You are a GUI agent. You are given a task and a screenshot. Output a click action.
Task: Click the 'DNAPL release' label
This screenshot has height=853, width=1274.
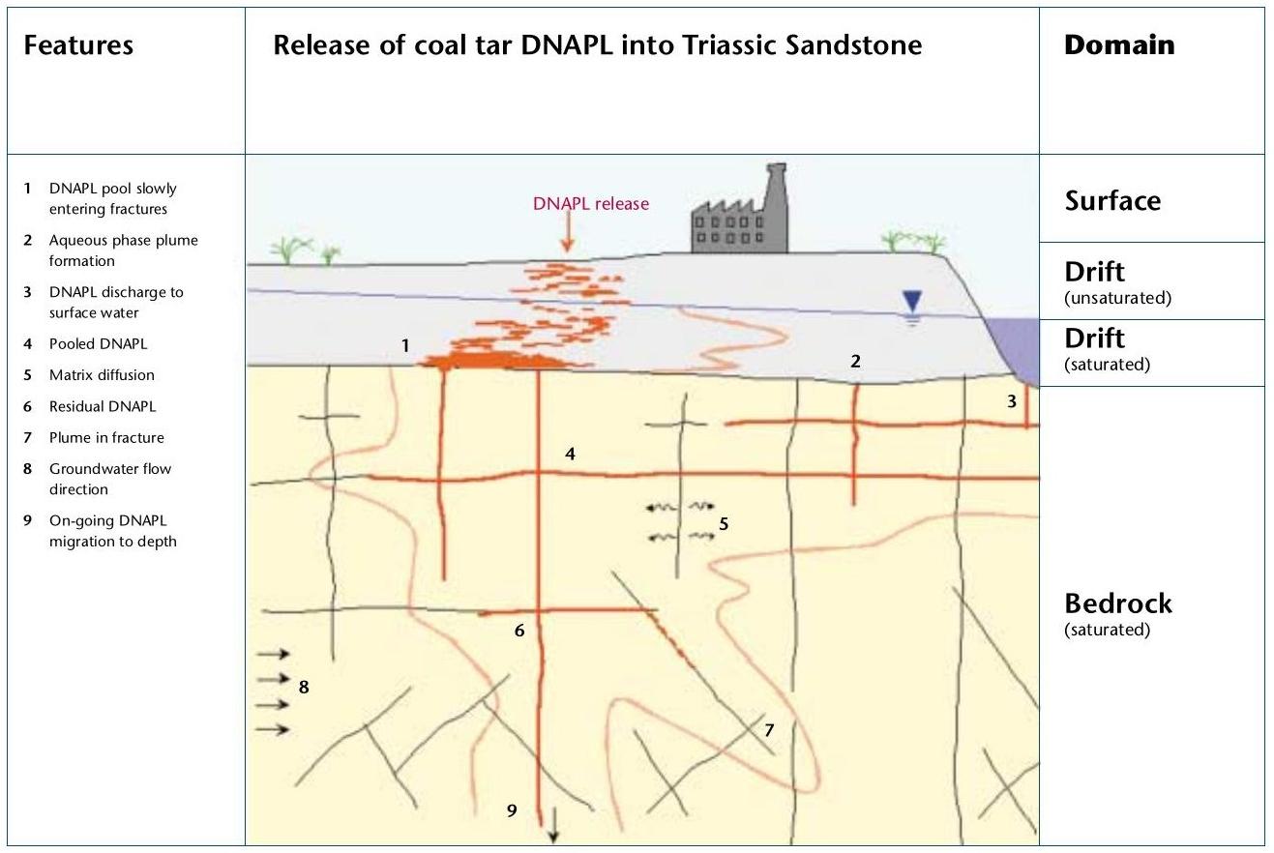tap(591, 204)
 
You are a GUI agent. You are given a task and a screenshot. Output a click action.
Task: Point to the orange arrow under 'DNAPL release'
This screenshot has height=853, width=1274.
tap(568, 235)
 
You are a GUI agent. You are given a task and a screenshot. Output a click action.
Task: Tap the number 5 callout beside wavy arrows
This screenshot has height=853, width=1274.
tap(723, 524)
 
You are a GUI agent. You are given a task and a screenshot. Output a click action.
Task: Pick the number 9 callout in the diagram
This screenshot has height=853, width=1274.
tap(513, 810)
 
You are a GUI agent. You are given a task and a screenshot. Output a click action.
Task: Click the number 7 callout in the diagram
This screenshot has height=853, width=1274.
tap(769, 729)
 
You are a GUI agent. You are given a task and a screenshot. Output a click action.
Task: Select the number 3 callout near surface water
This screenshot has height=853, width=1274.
tap(1012, 401)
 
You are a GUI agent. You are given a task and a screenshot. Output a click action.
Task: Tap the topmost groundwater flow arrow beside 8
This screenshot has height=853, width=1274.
tap(274, 654)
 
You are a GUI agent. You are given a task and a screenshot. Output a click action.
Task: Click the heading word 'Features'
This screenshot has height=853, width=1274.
tap(78, 45)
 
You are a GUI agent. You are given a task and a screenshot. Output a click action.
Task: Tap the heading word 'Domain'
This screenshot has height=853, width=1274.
tap(1119, 45)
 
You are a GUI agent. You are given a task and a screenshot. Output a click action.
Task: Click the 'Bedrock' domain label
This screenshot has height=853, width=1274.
tap(1117, 603)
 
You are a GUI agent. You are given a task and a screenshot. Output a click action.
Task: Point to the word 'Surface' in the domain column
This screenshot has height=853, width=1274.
tap(1112, 202)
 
